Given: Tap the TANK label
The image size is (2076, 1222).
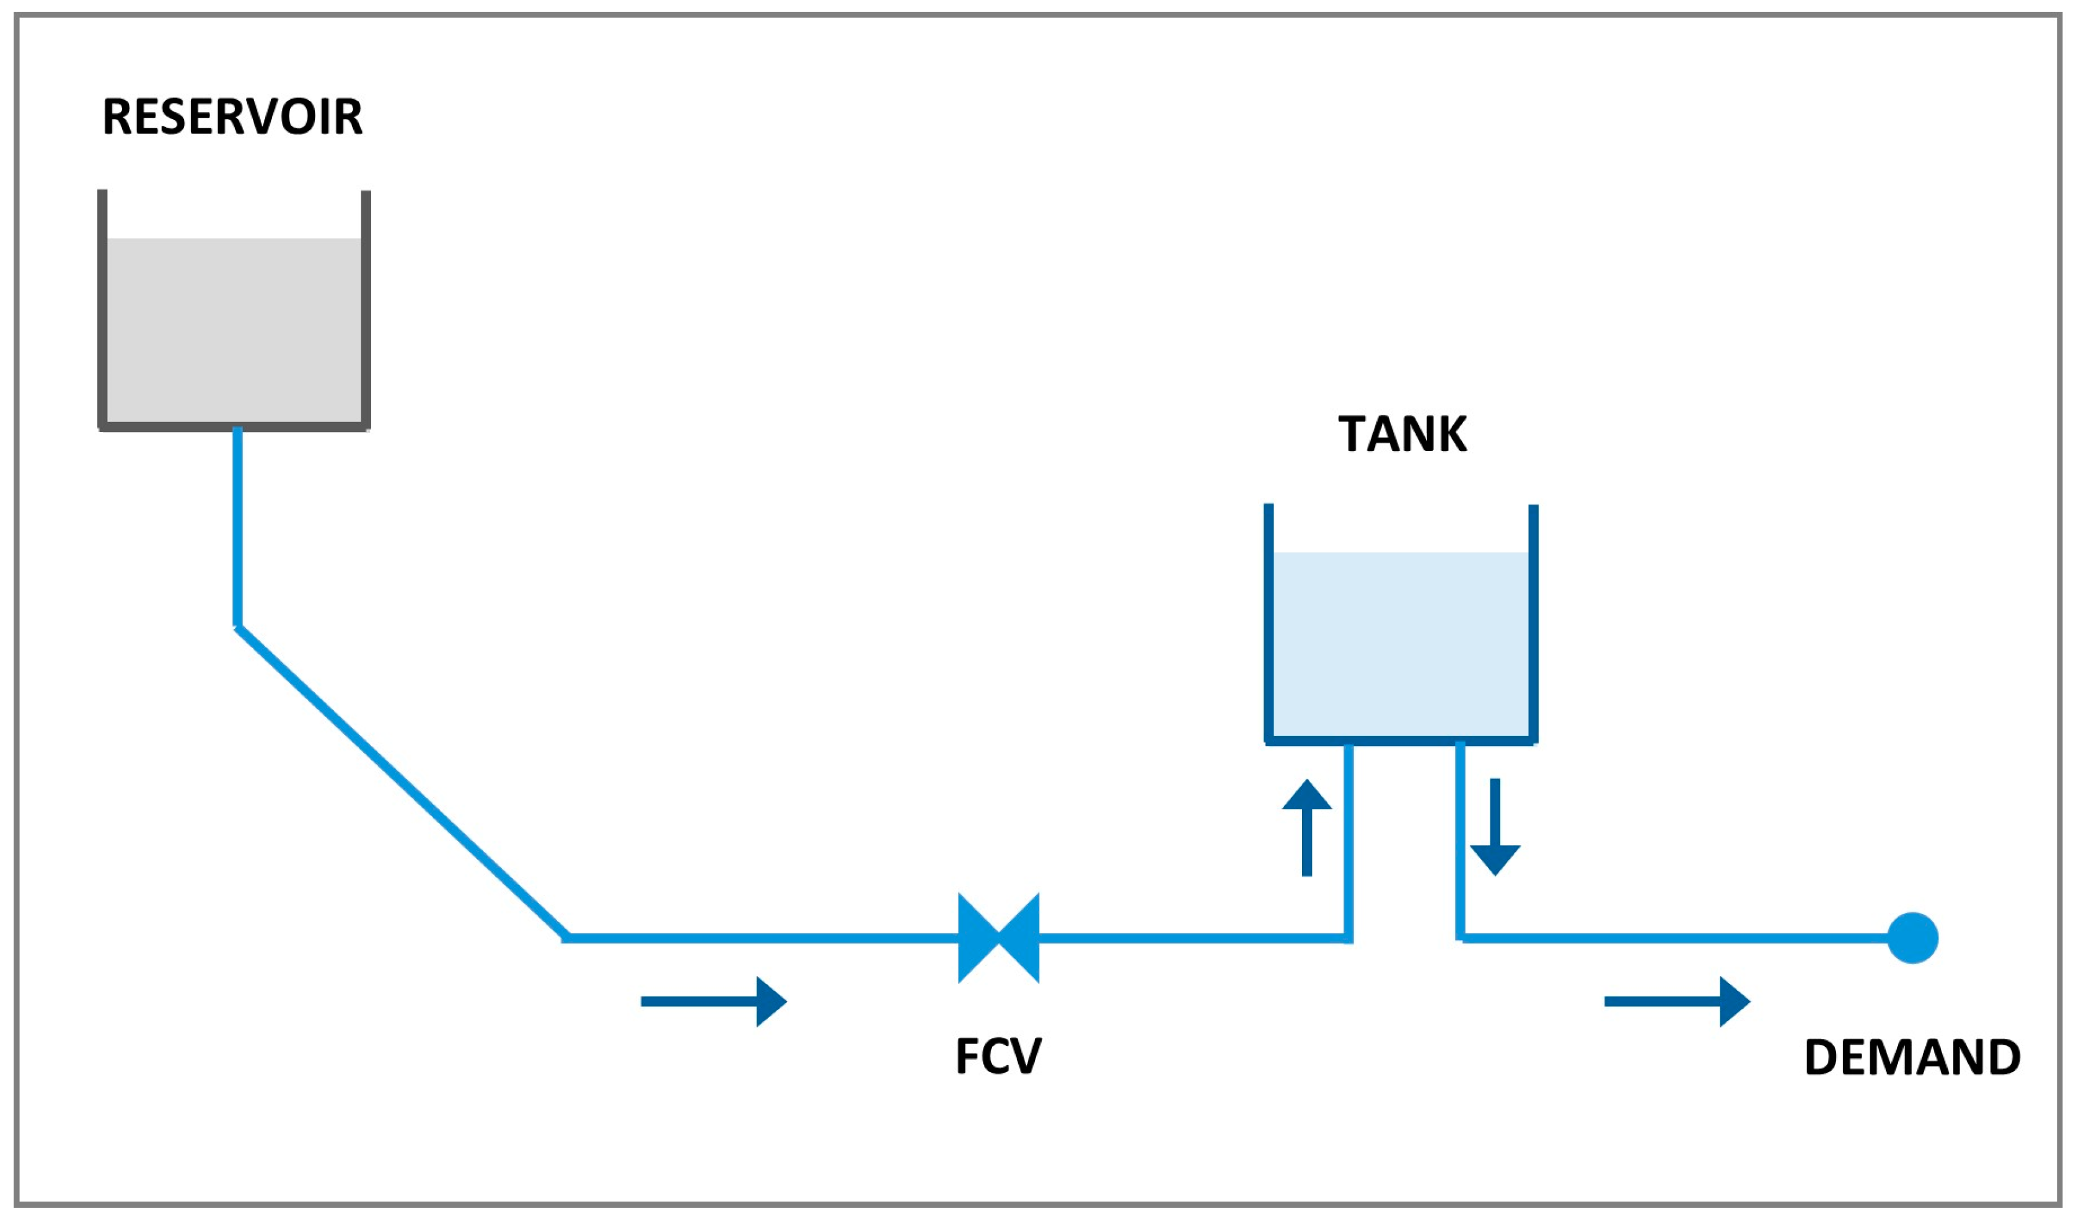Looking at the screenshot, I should [x=1402, y=434].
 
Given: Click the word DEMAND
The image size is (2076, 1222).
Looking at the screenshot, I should [x=1912, y=1057].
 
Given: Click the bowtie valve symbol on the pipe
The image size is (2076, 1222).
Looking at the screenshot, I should [x=998, y=938].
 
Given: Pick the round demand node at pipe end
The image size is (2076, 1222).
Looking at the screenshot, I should [x=1913, y=938].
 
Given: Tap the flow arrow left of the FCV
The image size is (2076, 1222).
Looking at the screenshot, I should [x=713, y=1002].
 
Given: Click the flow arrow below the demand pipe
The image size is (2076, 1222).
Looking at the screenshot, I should [x=1676, y=1002].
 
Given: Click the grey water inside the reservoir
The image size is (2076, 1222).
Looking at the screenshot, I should [x=234, y=330].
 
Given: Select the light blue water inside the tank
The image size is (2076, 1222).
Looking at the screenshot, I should [x=1401, y=643].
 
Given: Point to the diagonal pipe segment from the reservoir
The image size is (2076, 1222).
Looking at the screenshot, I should [x=402, y=783].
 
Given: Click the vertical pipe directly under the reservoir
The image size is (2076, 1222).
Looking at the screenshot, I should [x=237, y=527].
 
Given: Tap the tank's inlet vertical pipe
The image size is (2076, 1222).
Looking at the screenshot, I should [x=1348, y=840].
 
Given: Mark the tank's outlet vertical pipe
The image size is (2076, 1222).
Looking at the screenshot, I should [x=1460, y=840].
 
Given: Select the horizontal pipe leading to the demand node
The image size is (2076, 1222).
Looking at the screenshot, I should [x=1673, y=938].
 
